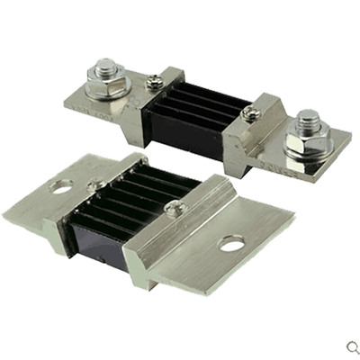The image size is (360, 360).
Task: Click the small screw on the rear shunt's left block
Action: point(159,81)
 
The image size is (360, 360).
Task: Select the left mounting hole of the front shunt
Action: point(62,187)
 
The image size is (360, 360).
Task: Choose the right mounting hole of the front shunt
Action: point(232,243)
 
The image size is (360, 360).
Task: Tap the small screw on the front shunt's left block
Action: point(97,185)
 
